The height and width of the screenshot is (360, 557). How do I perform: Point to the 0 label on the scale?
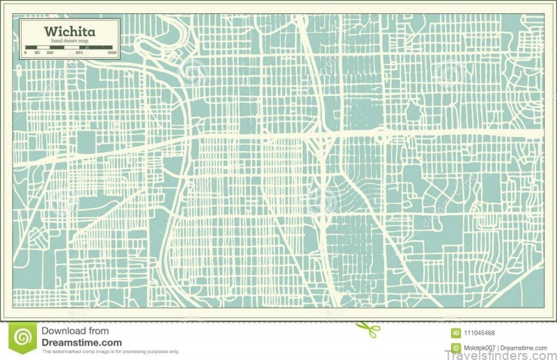26,53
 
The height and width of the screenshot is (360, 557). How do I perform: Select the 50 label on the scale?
36,53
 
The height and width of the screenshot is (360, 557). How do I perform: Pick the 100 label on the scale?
49,53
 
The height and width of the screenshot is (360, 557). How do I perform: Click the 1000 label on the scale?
111,53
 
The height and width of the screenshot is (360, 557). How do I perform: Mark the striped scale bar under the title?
68,48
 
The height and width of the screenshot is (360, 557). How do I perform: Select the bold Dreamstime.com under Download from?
81,343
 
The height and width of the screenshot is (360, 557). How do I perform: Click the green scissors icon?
368,329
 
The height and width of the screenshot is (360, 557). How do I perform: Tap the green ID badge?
456,333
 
